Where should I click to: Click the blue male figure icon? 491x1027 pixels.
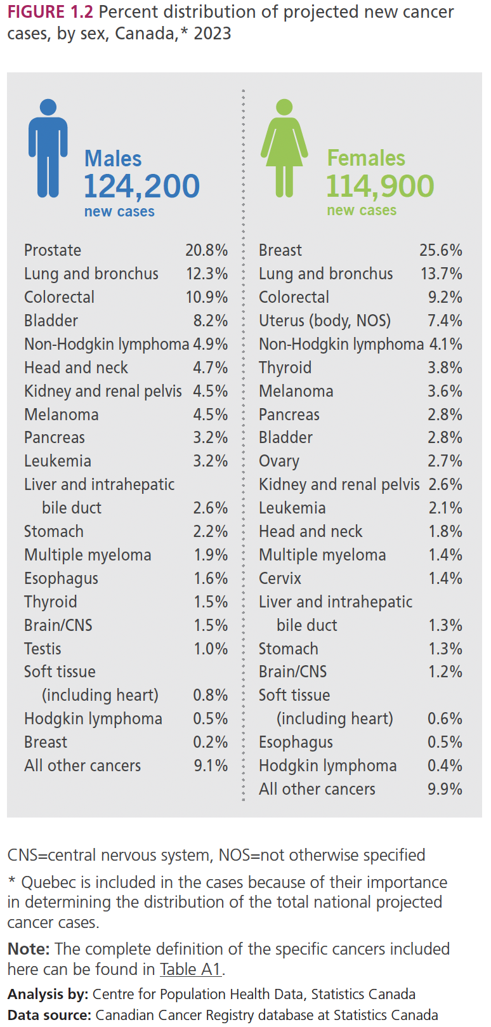[x=48, y=147]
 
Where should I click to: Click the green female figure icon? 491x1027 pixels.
[x=284, y=147]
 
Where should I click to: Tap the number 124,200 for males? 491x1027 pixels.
[x=141, y=187]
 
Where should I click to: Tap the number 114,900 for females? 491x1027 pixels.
[x=380, y=186]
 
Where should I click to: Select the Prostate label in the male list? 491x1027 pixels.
[x=53, y=250]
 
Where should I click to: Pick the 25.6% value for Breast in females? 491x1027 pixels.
[x=441, y=250]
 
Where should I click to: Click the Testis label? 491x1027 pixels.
[x=43, y=649]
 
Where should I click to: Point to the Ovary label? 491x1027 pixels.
[x=278, y=461]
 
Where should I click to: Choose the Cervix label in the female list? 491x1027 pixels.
[x=280, y=578]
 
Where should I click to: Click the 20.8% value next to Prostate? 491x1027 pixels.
[x=206, y=250]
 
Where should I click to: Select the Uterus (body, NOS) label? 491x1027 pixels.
[x=324, y=321]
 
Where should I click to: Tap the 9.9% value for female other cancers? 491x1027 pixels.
[x=445, y=789]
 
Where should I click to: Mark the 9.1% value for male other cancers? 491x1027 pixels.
[x=211, y=765]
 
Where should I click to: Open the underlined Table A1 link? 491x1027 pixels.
[x=190, y=969]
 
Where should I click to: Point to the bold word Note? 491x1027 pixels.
[x=29, y=949]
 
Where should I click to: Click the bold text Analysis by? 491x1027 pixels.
[x=48, y=994]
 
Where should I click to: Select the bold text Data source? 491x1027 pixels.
[x=49, y=1015]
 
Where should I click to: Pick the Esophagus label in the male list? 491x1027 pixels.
[x=61, y=578]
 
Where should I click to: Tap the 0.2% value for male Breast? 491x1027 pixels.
[x=211, y=742]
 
